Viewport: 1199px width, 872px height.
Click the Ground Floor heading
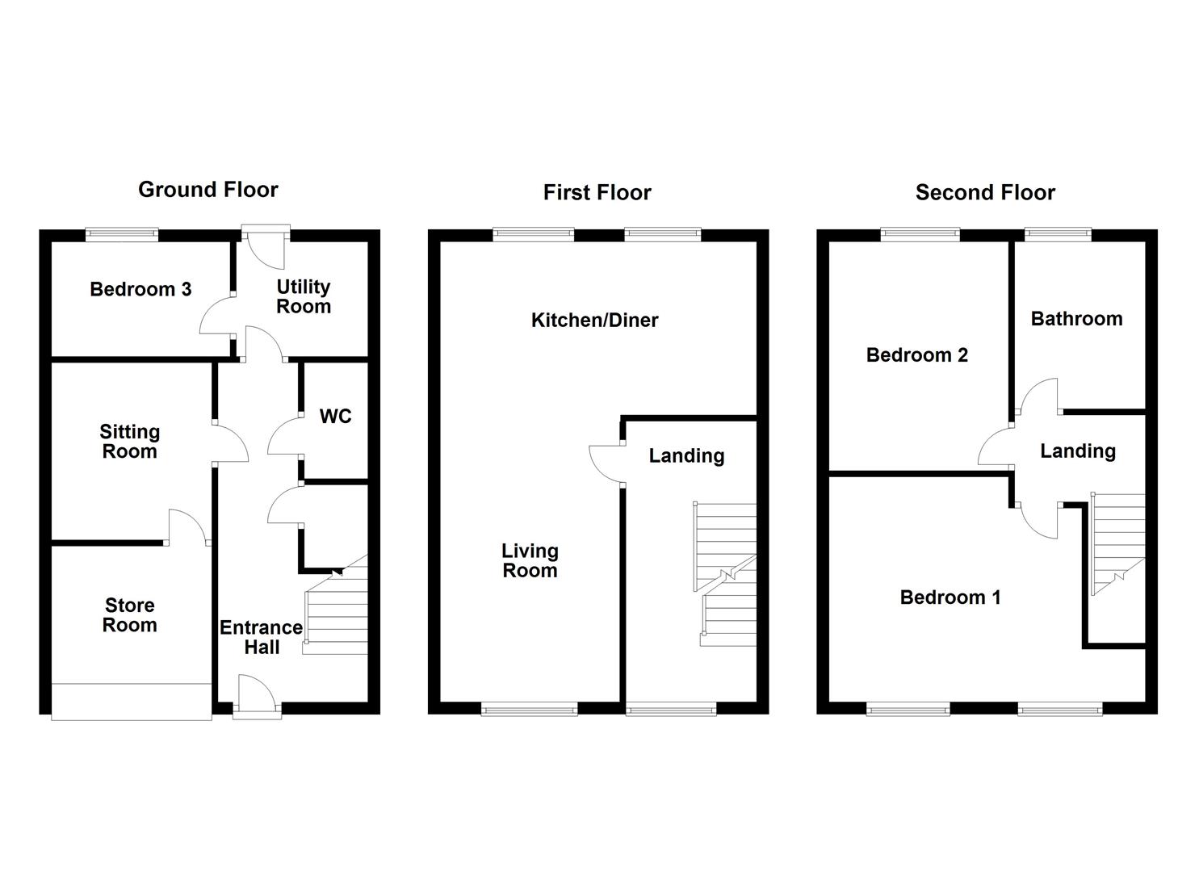[x=208, y=190]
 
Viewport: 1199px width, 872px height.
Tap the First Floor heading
[x=597, y=193]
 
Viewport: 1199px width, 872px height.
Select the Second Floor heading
[x=985, y=192]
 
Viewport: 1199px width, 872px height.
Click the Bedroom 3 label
[x=140, y=290]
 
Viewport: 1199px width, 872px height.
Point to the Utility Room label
[x=304, y=296]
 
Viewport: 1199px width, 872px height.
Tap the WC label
[x=336, y=416]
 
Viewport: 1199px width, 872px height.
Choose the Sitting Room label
[x=129, y=442]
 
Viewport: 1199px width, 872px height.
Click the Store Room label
[x=129, y=615]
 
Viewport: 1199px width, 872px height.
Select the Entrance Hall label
[x=262, y=637]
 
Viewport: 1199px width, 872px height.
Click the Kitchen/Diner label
[x=595, y=320]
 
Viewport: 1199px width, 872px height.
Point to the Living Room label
[x=530, y=560]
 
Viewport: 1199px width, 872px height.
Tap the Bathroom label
[x=1076, y=319]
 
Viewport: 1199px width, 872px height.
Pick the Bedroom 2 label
[x=917, y=355]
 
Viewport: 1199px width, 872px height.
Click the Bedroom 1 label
[x=950, y=597]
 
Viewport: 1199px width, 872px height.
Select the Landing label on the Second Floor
[x=1078, y=451]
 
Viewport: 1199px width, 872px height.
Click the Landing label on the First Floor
[x=687, y=456]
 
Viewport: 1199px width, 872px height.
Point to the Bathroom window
[x=1059, y=234]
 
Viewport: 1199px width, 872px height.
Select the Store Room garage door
[x=131, y=702]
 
